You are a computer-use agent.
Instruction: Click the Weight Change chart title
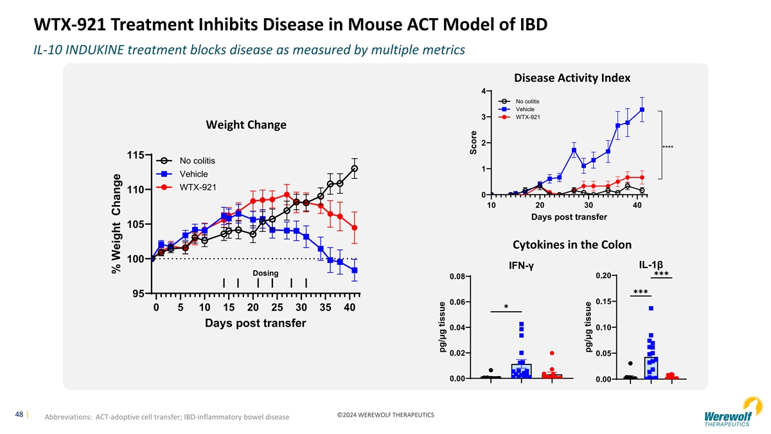coord(245,125)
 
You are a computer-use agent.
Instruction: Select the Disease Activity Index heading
coord(572,78)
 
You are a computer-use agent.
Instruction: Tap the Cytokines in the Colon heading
coord(572,245)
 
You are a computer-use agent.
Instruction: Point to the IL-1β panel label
coord(651,265)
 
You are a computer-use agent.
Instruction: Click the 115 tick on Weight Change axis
coord(135,155)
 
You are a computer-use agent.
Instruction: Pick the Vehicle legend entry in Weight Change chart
coord(193,174)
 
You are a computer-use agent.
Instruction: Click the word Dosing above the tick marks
coord(265,273)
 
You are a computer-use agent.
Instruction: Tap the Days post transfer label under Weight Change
coord(255,323)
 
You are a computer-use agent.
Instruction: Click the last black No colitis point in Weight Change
coord(354,168)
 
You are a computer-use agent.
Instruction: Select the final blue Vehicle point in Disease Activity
coord(642,109)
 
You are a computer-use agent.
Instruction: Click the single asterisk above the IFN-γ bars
coord(506,307)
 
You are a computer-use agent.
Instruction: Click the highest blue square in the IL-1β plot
coord(651,309)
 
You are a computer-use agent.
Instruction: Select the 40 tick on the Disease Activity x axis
coord(637,205)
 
